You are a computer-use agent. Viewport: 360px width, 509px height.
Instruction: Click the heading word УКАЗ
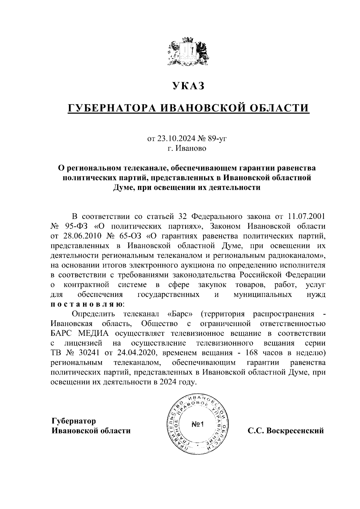188,86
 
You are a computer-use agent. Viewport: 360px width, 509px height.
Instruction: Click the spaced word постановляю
86,304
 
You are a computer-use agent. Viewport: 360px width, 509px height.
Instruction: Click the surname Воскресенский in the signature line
295,431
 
